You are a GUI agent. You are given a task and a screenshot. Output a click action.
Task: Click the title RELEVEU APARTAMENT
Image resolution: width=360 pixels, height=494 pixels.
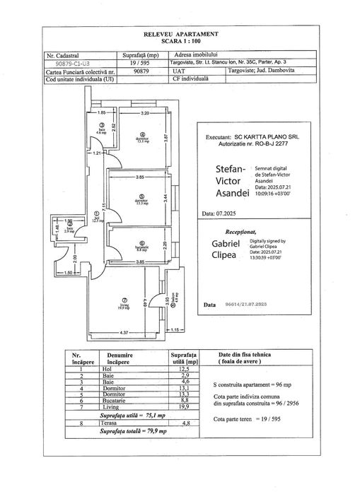coord(180,34)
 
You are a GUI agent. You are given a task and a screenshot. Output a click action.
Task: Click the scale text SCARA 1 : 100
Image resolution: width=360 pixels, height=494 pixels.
coord(180,41)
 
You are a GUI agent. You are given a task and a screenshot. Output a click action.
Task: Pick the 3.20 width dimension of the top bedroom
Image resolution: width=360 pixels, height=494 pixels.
coord(145,113)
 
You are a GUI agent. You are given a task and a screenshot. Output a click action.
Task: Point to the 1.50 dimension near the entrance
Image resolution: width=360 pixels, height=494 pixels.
coord(69,272)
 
